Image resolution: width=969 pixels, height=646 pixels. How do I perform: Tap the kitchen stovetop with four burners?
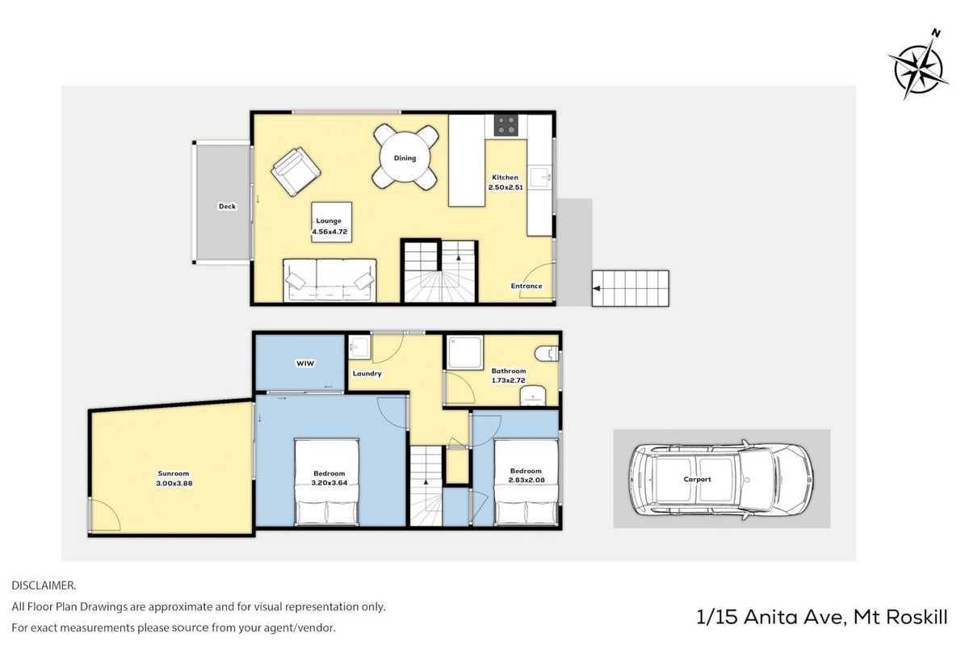(x=505, y=124)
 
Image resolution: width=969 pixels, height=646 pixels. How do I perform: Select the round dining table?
(x=405, y=157)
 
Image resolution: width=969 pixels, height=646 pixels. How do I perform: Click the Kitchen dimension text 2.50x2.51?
(x=505, y=187)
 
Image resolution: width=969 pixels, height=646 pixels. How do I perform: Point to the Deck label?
(x=227, y=207)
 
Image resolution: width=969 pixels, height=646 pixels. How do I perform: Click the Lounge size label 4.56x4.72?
(x=329, y=232)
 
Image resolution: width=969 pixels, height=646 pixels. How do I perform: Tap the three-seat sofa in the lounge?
(x=329, y=280)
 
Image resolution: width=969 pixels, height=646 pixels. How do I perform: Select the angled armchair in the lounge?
(x=296, y=171)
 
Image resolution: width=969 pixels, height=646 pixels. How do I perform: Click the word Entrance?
(x=526, y=286)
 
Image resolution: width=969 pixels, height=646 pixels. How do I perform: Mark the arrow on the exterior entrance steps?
(x=597, y=288)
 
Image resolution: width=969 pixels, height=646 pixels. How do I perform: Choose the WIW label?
(x=305, y=363)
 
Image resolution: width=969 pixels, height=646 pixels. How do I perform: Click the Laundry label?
(x=367, y=373)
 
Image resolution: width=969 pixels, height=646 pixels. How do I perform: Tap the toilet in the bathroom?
(x=547, y=354)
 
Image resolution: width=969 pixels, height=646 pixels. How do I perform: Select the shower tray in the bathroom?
(x=465, y=353)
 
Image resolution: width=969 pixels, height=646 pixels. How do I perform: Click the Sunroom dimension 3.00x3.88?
(x=174, y=484)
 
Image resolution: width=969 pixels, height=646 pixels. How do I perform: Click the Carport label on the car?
(x=698, y=480)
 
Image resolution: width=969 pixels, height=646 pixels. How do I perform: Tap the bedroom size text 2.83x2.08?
(x=526, y=480)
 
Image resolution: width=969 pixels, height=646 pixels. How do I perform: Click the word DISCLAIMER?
(x=44, y=585)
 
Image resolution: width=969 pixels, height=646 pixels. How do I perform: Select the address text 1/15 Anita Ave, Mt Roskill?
(x=822, y=617)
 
